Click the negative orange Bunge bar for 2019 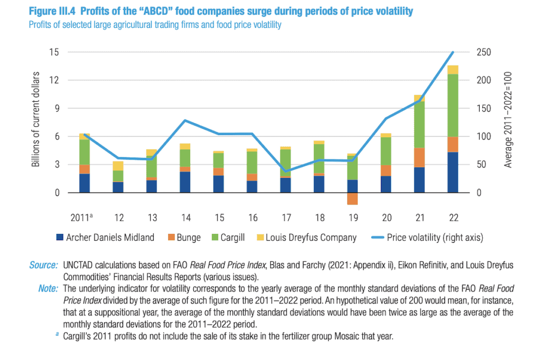click(352, 198)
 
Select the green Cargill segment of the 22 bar click(453, 106)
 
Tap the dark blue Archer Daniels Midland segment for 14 click(185, 182)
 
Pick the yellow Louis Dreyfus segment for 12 click(118, 166)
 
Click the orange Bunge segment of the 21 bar click(419, 158)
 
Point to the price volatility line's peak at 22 click(453, 52)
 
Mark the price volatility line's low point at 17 click(285, 172)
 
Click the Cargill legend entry click(228, 238)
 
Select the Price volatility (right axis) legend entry click(427, 238)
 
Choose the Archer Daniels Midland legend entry click(105, 238)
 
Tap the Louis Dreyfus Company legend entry click(307, 238)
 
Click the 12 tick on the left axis click(54, 80)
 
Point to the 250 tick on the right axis click(484, 52)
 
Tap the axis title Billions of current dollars click(35, 119)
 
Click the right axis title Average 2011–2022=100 click(508, 120)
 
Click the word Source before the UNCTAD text click(43, 265)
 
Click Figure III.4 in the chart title click(52, 11)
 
